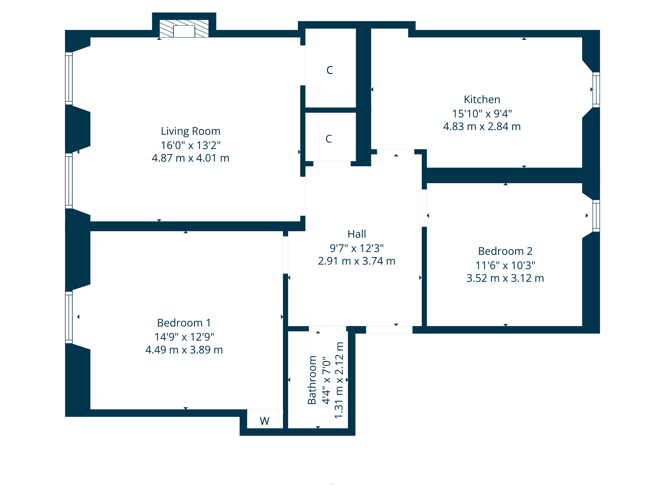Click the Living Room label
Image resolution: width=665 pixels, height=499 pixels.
(191, 131)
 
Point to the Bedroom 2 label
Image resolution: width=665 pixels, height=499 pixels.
(505, 251)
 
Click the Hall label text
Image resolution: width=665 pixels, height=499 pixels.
(357, 234)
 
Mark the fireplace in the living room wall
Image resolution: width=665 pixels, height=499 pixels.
(184, 29)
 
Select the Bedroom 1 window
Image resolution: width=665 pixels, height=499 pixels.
(69, 317)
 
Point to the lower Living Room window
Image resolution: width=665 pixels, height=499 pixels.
(69, 181)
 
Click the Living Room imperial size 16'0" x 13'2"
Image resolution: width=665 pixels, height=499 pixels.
(191, 145)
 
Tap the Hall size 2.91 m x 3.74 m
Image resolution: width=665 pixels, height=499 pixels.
(357, 261)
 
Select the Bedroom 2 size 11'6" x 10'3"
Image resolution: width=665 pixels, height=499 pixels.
(505, 265)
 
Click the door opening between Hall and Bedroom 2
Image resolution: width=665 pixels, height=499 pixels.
(424, 208)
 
